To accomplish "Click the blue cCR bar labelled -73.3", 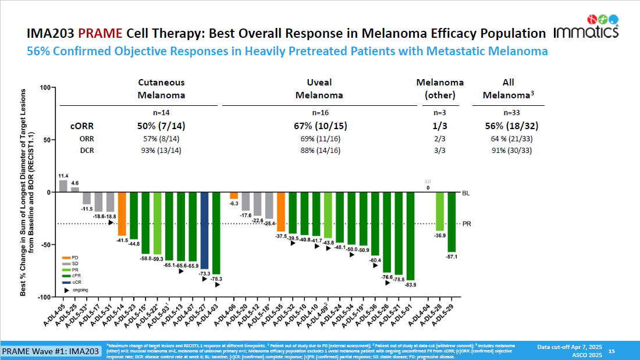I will click(x=205, y=230).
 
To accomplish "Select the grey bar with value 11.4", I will click(x=63, y=186).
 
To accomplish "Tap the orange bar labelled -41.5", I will click(x=122, y=213).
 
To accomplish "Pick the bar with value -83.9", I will click(x=410, y=236).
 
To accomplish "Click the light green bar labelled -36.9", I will click(x=440, y=211).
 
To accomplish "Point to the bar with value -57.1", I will click(x=451, y=222).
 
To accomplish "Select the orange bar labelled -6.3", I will click(x=233, y=195).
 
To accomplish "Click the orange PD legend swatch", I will click(x=67, y=258).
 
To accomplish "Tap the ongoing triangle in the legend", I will click(x=67, y=288).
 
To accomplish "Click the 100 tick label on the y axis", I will click(x=45, y=87).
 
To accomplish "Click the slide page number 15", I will click(x=611, y=351).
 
